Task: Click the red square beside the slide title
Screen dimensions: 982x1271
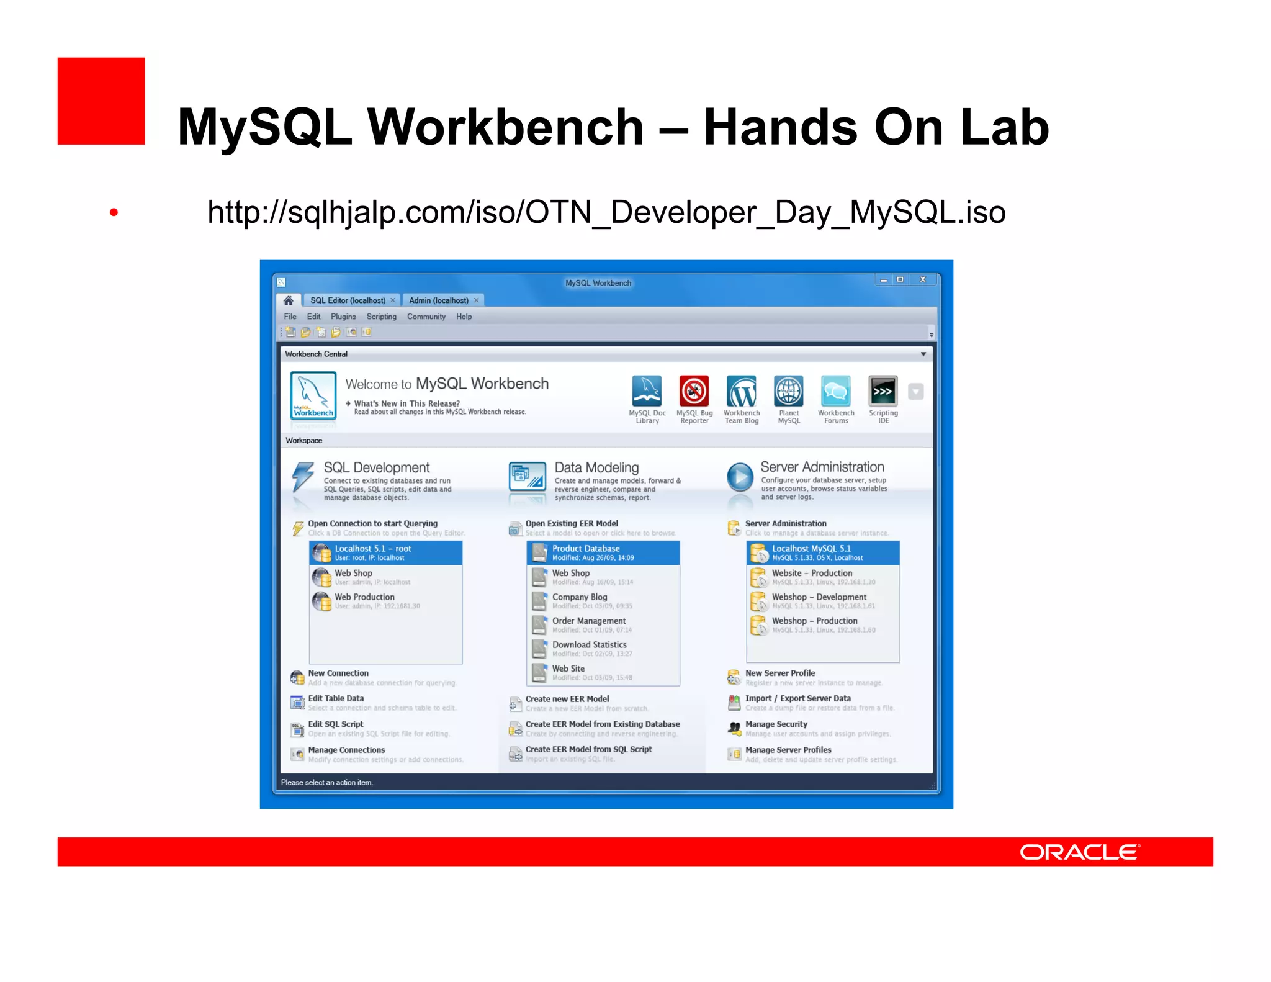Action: tap(101, 101)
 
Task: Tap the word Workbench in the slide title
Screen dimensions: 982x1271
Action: tap(505, 127)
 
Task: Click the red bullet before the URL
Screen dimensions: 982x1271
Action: tap(114, 212)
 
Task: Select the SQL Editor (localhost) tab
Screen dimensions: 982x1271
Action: tap(348, 300)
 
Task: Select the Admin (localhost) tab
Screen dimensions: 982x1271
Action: tap(439, 300)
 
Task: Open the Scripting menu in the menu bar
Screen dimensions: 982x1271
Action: tap(381, 317)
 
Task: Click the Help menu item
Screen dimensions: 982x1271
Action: tap(464, 317)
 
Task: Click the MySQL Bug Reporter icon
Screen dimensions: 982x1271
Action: tap(694, 392)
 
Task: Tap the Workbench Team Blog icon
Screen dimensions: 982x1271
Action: tap(742, 392)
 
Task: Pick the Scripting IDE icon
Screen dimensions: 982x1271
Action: tap(883, 392)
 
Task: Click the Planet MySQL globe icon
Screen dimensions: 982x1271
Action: tap(789, 392)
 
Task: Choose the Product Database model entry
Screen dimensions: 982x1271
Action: tap(603, 552)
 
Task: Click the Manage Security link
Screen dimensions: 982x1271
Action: tap(776, 724)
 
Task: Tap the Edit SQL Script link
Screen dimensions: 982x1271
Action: tap(336, 724)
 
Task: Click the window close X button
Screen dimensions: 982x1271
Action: tap(923, 280)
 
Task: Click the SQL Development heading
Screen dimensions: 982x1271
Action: tap(377, 467)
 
